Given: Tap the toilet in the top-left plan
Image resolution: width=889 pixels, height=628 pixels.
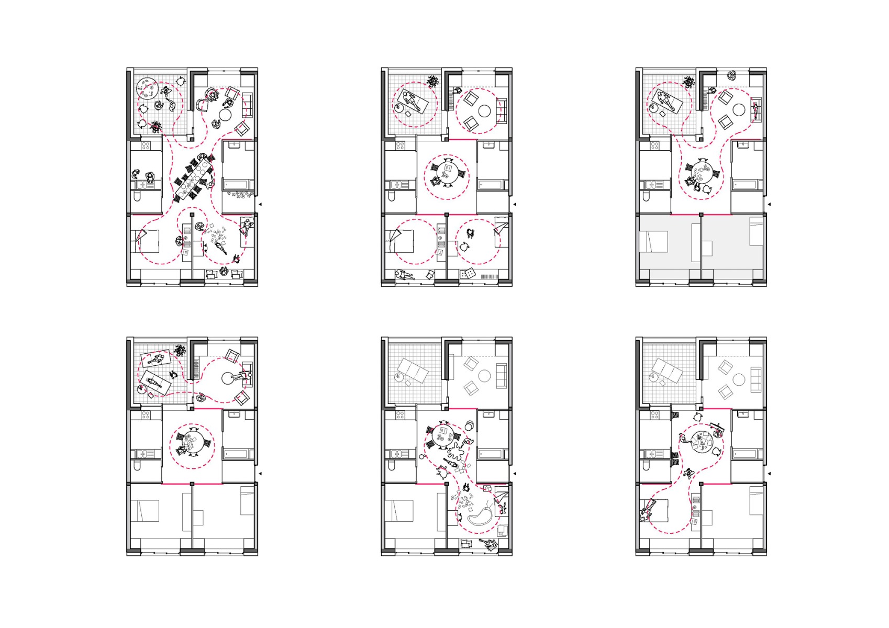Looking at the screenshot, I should [x=137, y=197].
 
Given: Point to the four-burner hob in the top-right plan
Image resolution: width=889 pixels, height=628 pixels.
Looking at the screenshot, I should [x=654, y=145].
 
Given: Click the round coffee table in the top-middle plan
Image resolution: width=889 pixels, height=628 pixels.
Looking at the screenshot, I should [x=484, y=111].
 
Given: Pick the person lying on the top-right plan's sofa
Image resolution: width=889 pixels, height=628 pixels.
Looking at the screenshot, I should [x=756, y=110].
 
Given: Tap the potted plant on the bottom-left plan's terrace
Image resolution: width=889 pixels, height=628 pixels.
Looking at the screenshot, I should [x=181, y=351].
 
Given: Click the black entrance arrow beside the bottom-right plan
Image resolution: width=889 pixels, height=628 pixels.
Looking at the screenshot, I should [x=769, y=474].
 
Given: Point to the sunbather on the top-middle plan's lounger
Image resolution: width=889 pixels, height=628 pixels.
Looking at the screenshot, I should [x=412, y=101].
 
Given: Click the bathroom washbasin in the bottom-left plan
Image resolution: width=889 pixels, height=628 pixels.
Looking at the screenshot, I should [x=232, y=415].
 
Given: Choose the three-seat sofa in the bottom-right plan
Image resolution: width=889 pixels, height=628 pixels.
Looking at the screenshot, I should [x=755, y=379].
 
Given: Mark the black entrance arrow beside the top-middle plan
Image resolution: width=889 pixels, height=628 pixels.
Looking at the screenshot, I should [x=515, y=204].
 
